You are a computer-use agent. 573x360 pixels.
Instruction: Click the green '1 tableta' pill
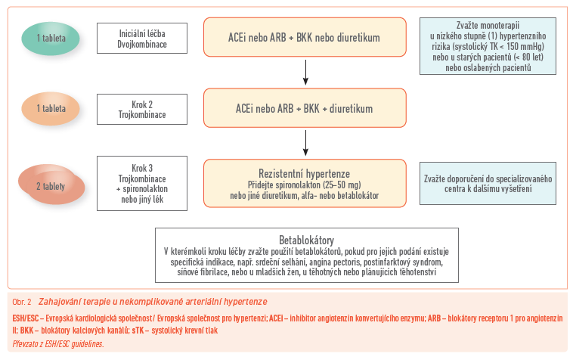point(55,37)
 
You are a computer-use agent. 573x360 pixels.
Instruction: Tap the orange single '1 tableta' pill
point(55,108)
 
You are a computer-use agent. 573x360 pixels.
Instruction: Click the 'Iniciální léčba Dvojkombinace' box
point(142,38)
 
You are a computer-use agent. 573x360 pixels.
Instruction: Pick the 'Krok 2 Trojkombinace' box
point(142,108)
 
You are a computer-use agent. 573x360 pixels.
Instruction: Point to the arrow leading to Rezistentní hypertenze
point(305,142)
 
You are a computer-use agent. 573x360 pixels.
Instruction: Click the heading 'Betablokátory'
point(306,241)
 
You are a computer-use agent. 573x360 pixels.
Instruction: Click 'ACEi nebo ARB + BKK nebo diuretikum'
point(305,37)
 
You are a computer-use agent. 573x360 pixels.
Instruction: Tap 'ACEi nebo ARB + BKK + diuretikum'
point(305,108)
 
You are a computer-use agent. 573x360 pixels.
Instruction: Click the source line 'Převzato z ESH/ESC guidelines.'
point(58,344)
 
